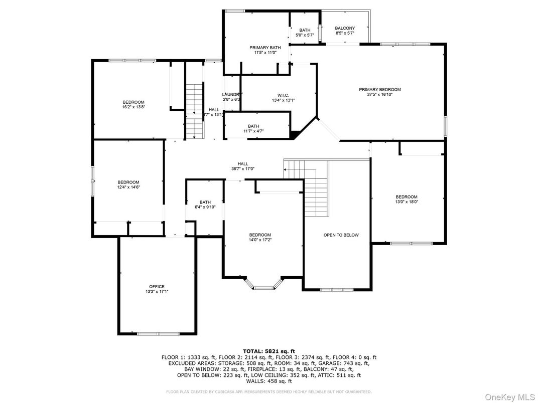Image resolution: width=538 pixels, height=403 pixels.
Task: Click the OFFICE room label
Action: pos(156,287)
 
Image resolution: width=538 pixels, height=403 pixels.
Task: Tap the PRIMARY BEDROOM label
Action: pos(380,90)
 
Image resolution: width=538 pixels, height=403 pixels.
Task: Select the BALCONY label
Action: pos(345,29)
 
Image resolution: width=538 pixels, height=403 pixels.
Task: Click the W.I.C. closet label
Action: pos(283,95)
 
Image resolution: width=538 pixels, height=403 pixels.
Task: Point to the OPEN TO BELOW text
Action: pos(341,235)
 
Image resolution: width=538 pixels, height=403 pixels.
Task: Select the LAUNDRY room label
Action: pos(232,94)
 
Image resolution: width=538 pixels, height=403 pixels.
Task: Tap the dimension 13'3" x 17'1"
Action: pos(157,292)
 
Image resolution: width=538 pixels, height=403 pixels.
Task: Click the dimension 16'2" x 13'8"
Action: pos(133,107)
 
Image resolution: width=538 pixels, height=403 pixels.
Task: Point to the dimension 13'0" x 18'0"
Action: pos(406,202)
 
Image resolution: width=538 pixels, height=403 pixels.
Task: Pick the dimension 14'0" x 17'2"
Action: pos(260,240)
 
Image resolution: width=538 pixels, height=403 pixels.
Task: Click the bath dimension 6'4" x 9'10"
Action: pos(205,207)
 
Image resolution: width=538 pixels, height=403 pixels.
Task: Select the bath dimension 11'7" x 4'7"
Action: pos(253,131)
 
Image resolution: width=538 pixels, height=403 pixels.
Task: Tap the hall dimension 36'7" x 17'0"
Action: pos(243,169)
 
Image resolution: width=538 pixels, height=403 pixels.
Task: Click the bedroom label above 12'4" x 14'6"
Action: pos(128,182)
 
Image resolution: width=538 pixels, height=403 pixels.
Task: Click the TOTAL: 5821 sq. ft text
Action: pos(268,351)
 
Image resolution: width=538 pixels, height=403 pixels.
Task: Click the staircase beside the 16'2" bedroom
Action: pos(194,111)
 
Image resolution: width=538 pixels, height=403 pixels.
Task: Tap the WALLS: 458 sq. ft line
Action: pos(268,381)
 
